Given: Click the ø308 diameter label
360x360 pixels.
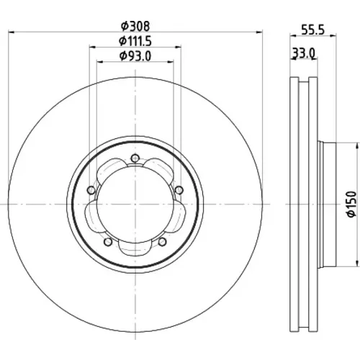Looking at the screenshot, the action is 135,26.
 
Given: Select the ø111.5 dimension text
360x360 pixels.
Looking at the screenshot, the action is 135,41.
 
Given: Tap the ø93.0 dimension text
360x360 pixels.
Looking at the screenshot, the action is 135,56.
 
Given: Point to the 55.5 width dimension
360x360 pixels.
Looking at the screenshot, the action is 312,30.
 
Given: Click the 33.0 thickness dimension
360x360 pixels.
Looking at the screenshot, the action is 303,53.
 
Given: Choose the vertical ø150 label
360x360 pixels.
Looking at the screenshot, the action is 352,204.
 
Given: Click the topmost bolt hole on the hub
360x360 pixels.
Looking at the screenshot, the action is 135,158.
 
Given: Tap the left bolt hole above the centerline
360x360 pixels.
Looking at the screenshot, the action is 91,190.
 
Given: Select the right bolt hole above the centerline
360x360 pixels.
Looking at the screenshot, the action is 179,190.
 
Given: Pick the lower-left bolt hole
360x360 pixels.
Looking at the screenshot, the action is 108,242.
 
